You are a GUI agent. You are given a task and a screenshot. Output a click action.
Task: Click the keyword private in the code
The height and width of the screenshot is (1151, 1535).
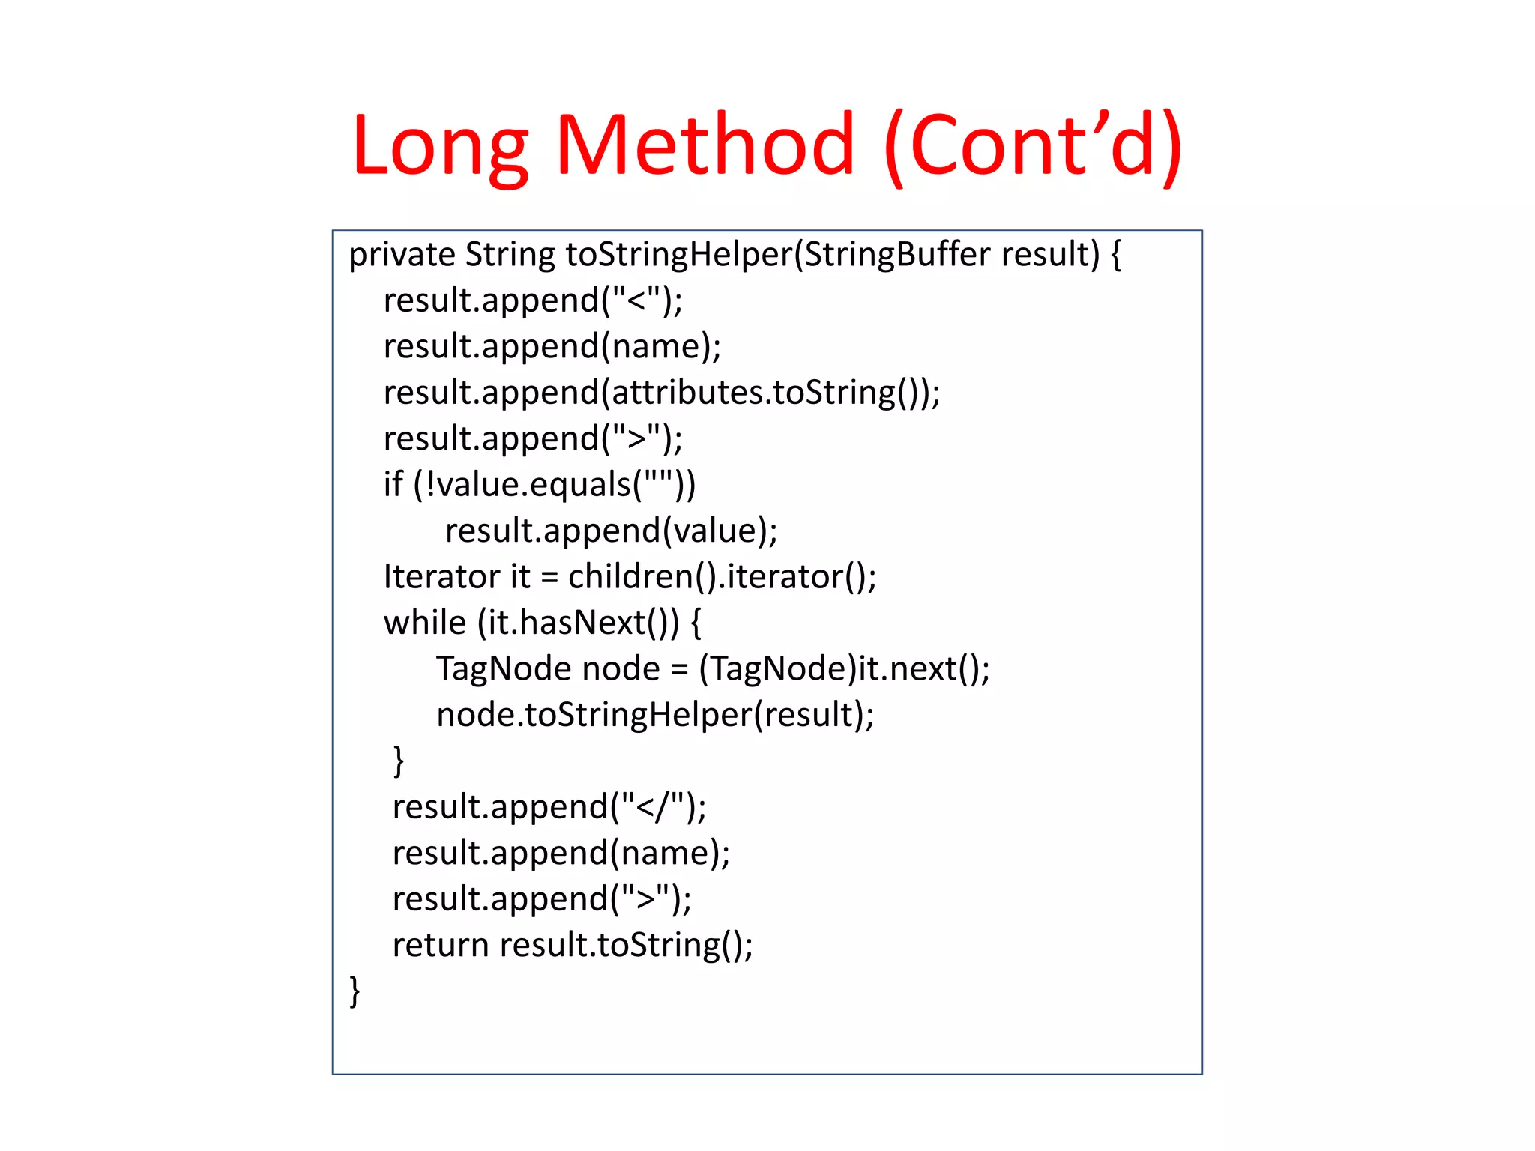402,255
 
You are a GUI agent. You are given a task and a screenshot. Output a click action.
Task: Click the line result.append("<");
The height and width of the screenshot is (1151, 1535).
533,300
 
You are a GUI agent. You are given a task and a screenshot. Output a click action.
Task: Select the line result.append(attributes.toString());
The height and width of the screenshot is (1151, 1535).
662,393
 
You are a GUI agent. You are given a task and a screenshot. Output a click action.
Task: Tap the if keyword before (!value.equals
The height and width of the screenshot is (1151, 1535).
393,484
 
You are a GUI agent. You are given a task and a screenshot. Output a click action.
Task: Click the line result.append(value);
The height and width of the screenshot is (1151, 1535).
611,531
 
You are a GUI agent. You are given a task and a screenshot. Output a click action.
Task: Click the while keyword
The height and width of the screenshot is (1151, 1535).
424,623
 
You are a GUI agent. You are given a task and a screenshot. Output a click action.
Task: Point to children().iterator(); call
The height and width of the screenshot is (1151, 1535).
722,577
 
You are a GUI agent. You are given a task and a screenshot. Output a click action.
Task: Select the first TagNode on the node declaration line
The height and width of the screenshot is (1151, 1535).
504,668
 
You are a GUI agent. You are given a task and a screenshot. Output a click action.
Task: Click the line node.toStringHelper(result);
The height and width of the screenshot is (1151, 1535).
654,715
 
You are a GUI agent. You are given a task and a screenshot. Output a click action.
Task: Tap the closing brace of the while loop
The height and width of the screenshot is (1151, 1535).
399,761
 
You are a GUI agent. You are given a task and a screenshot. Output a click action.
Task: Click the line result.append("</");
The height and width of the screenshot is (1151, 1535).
549,807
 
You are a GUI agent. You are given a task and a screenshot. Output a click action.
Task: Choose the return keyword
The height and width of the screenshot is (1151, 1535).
440,945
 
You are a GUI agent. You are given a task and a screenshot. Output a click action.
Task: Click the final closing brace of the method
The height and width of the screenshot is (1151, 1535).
355,991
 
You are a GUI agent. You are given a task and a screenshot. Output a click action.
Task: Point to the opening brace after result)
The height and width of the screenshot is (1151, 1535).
1116,255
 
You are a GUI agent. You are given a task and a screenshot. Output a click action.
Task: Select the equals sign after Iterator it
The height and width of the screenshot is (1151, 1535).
549,578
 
